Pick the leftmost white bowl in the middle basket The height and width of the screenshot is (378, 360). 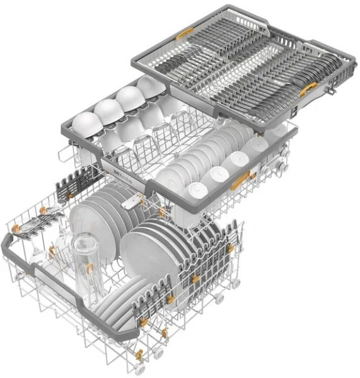pos(84,120)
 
